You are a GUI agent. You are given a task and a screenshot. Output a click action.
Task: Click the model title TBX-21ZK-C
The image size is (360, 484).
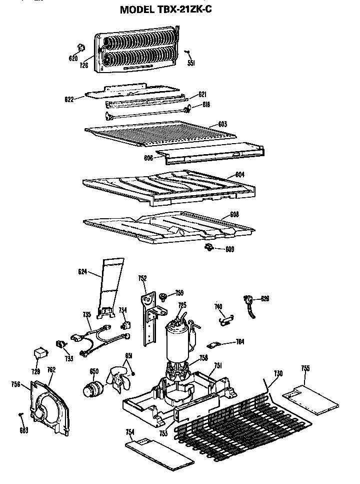click(169, 10)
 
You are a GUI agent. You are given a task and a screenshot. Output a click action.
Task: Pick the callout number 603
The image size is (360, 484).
click(222, 124)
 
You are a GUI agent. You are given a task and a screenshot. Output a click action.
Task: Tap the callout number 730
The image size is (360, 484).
click(278, 373)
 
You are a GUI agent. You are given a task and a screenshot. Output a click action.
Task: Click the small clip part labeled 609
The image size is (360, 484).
click(209, 247)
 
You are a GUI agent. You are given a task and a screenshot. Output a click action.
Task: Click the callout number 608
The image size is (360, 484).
click(234, 214)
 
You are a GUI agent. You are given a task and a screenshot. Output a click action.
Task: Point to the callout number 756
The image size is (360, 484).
click(15, 384)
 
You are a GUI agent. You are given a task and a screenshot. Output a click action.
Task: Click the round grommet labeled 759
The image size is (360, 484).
click(163, 297)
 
